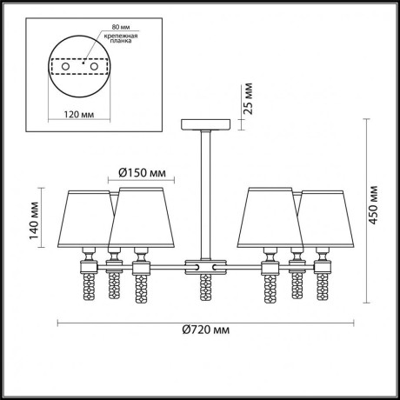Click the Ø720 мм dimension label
pyautogui.click(x=207, y=331)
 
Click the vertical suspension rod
pyautogui.click(x=205, y=191)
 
